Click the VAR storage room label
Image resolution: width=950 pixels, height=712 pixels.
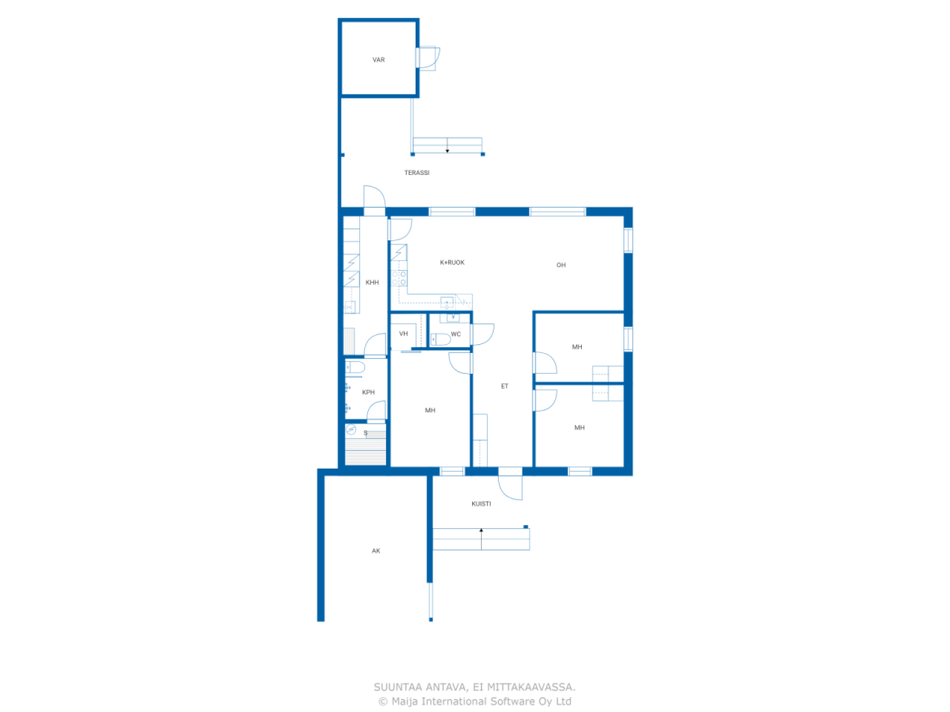[379, 59]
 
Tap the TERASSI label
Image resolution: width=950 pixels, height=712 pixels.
[417, 173]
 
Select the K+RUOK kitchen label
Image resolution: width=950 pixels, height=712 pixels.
[452, 263]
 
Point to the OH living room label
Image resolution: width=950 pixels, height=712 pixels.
[561, 265]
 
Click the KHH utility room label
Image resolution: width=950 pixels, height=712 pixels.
[372, 283]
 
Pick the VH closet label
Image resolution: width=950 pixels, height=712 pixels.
[403, 334]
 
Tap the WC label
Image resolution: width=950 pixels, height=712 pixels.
[456, 334]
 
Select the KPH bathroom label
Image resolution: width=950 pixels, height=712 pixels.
[368, 392]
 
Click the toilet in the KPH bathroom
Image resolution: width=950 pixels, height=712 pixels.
[355, 368]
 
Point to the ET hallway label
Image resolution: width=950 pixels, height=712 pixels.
[504, 386]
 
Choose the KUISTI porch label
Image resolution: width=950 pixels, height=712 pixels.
[481, 504]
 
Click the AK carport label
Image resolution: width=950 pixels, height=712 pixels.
[376, 551]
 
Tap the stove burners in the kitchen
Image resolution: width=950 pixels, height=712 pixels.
[399, 278]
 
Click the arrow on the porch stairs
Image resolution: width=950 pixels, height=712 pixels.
[481, 538]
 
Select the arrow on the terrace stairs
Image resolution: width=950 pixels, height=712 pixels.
[447, 145]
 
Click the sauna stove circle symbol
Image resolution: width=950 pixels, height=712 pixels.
[350, 429]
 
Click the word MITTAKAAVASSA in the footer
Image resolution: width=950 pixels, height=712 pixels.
[531, 687]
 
